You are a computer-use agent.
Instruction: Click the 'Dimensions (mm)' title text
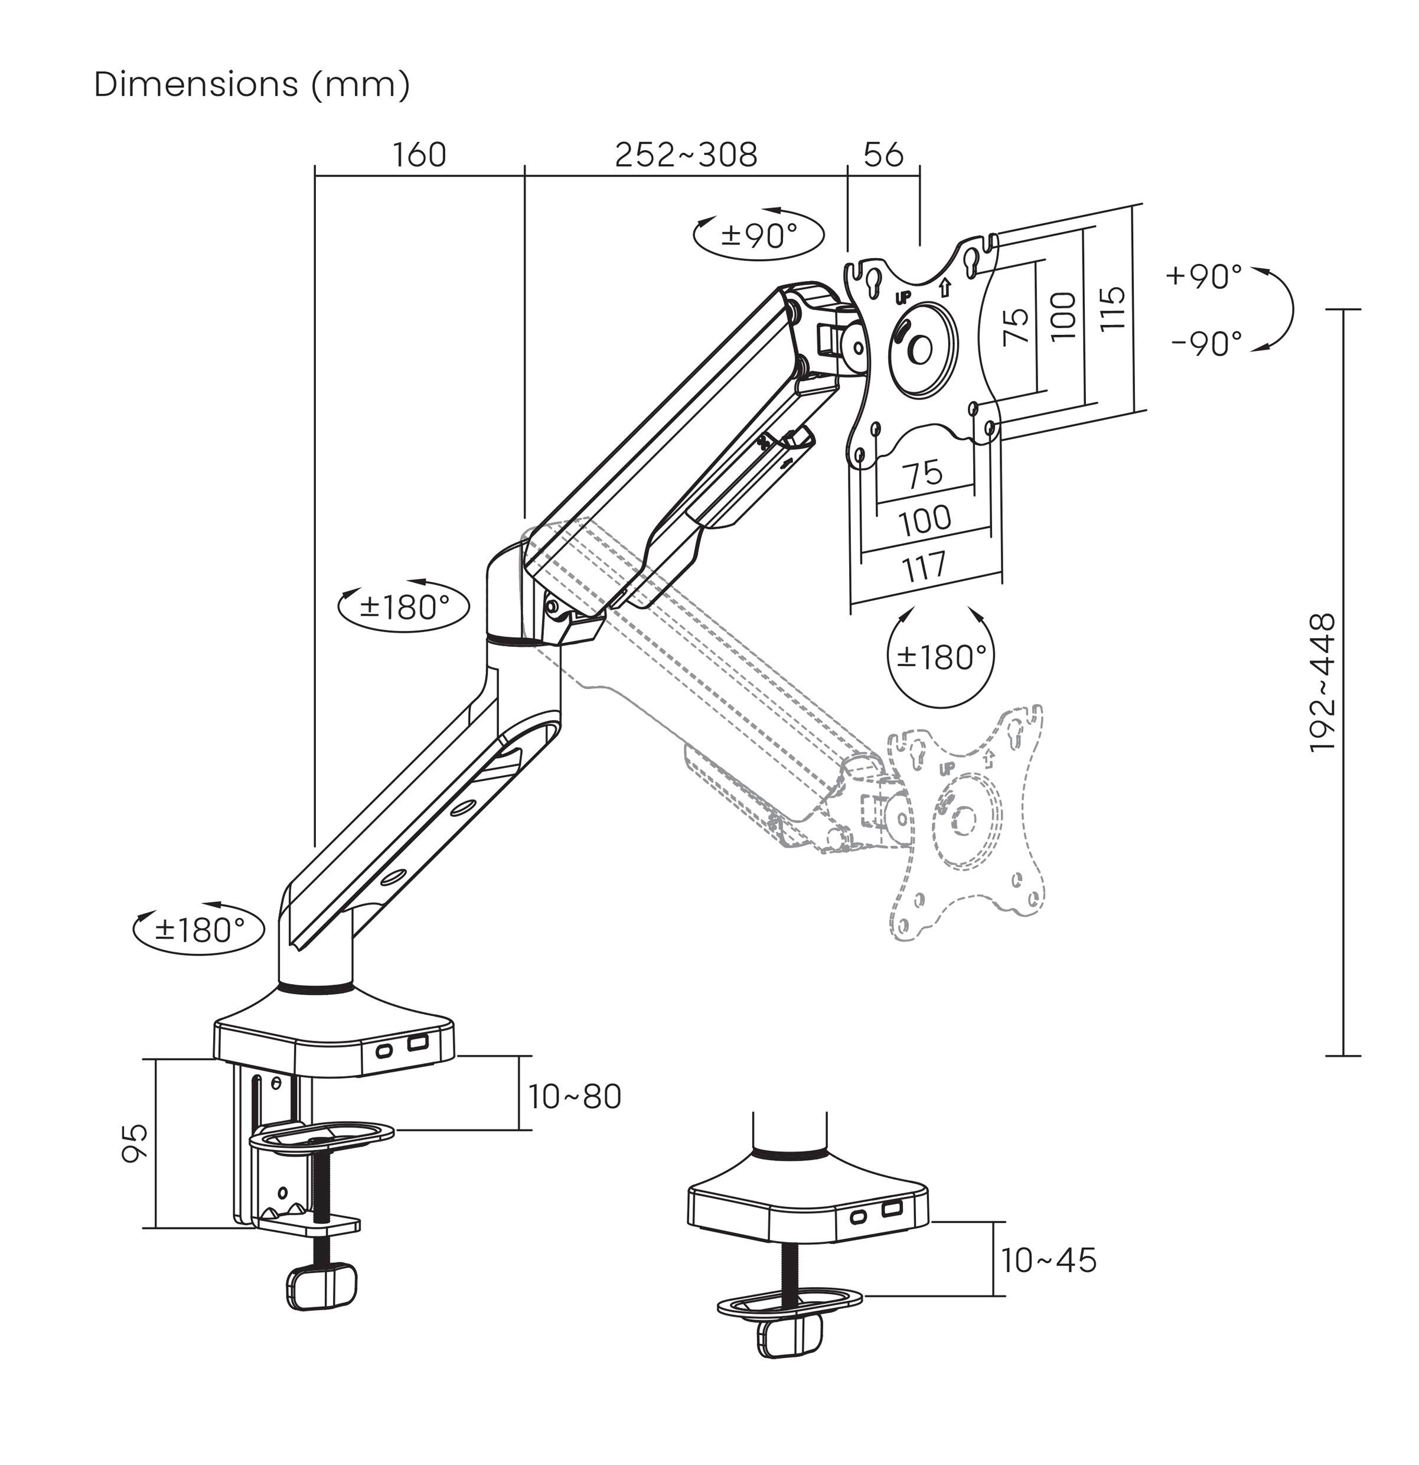(252, 84)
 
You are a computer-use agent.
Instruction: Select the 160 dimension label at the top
(419, 155)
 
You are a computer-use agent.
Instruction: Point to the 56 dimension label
(883, 155)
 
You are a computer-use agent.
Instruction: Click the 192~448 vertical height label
(1323, 682)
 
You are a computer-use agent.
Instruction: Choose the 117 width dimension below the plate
(925, 567)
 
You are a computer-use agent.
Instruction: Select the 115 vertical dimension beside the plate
(1112, 307)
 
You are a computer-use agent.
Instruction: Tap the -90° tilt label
(1206, 343)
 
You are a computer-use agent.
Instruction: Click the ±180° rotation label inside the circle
(941, 656)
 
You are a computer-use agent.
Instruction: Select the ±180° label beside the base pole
(200, 930)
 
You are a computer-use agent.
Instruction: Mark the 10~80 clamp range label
(575, 1096)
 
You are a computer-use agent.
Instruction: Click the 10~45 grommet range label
(1048, 1260)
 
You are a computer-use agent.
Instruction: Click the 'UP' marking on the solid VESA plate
(903, 297)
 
